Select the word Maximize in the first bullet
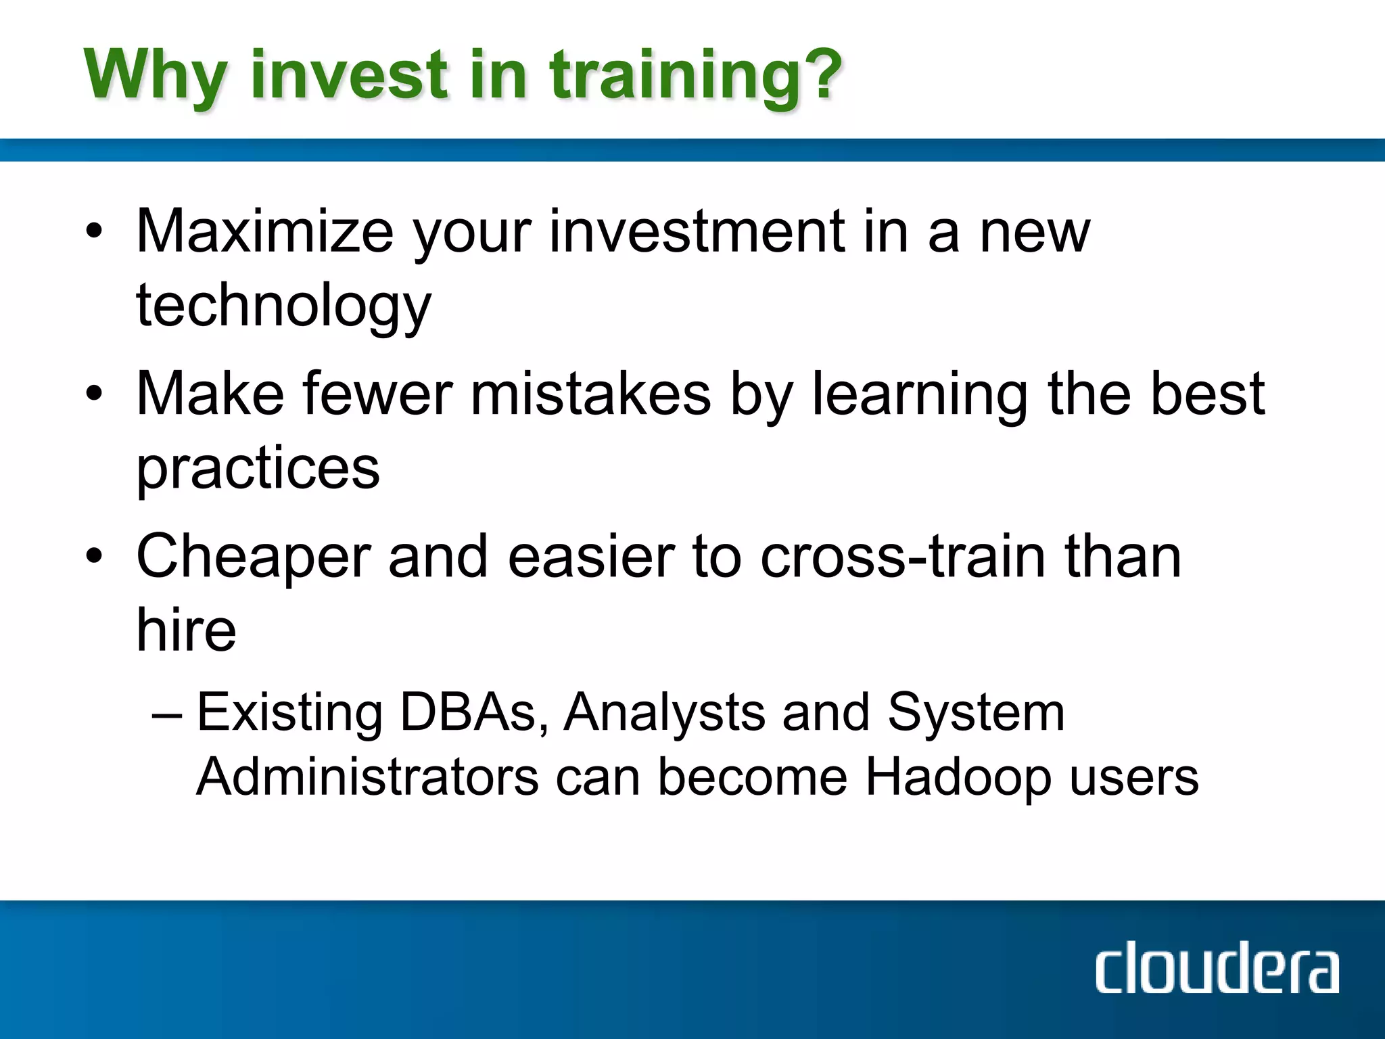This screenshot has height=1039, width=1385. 264,232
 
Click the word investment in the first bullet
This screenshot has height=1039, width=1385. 697,232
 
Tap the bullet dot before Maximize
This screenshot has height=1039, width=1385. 94,231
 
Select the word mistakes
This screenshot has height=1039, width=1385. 591,394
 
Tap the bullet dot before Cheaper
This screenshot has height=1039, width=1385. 94,556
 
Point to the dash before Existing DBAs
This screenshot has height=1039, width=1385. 167,714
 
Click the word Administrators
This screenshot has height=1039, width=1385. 367,777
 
